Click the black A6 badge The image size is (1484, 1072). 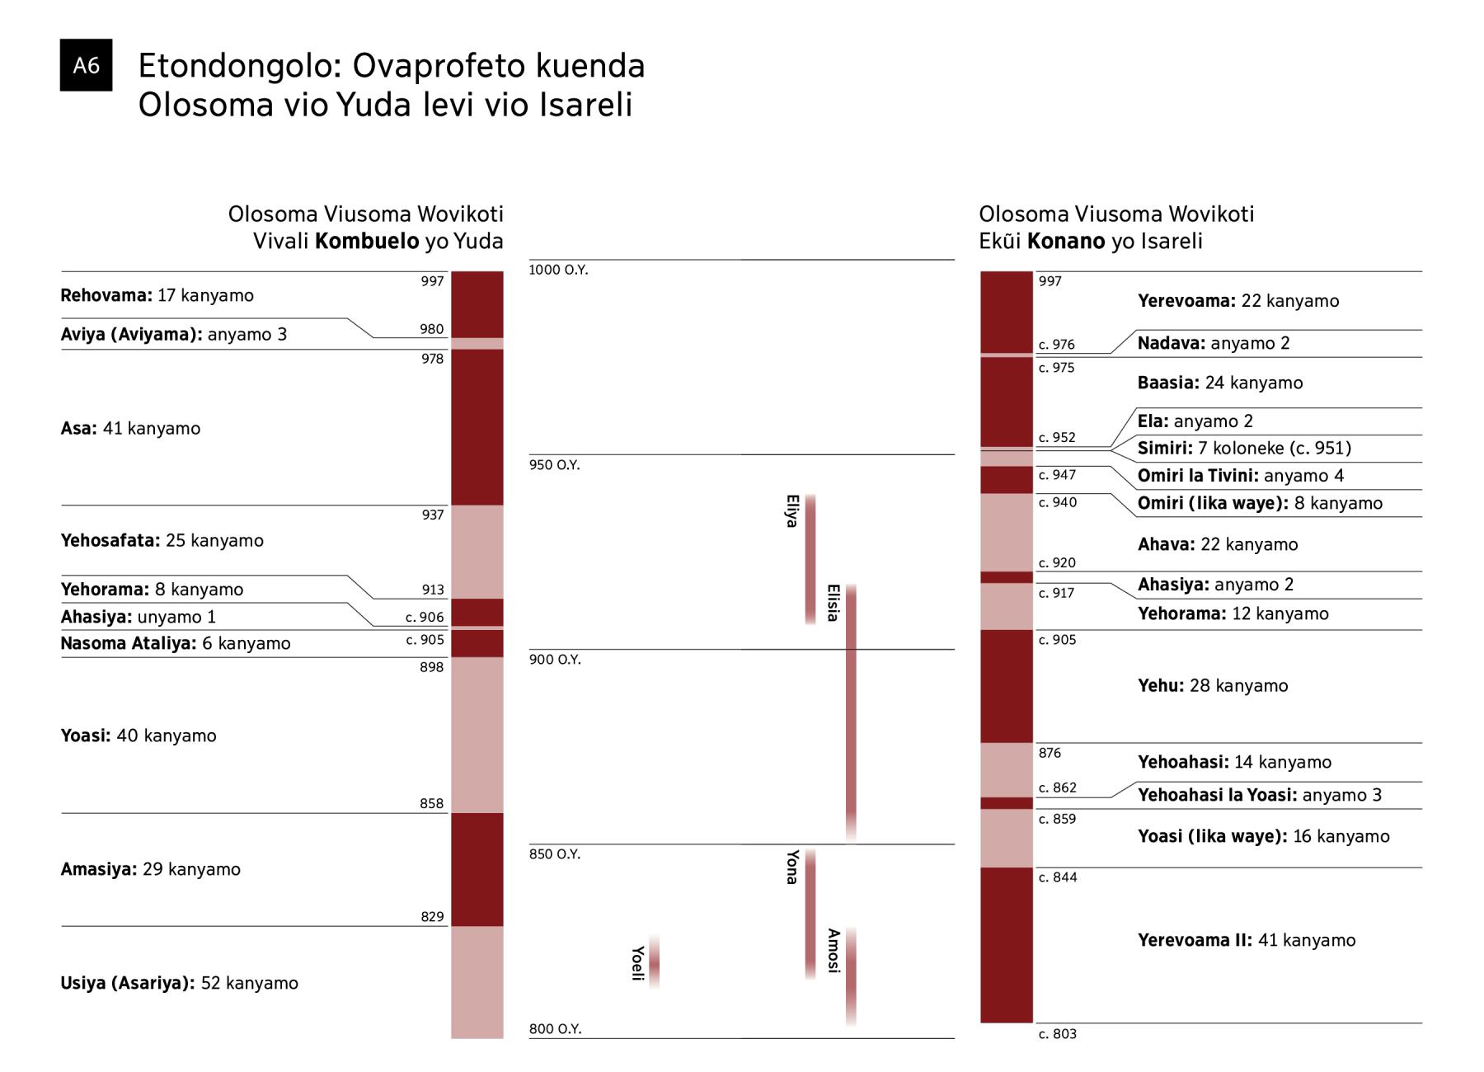pyautogui.click(x=86, y=65)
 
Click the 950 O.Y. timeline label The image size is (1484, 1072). pyautogui.click(x=554, y=465)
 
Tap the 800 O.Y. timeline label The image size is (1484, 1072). pyautogui.click(x=555, y=1029)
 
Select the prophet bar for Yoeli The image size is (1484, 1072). pyautogui.click(x=654, y=962)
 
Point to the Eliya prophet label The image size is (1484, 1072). pyautogui.click(x=791, y=511)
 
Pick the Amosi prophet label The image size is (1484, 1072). pyautogui.click(x=833, y=951)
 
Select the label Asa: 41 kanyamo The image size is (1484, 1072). pyautogui.click(x=130, y=429)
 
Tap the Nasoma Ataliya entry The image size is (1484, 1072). pyautogui.click(x=175, y=643)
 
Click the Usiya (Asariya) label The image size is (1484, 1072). pyautogui.click(x=128, y=983)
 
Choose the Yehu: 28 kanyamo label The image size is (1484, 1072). pyautogui.click(x=1212, y=686)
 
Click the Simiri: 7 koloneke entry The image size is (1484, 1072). pyautogui.click(x=1243, y=449)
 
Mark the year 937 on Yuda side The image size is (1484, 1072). pyautogui.click(x=432, y=515)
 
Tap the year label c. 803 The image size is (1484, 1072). pyautogui.click(x=1057, y=1034)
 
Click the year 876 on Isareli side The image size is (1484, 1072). pyautogui.click(x=1050, y=753)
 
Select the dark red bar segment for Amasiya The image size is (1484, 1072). pyautogui.click(x=477, y=869)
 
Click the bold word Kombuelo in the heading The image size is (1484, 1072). pyautogui.click(x=367, y=242)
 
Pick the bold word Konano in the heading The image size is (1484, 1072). pyautogui.click(x=1065, y=242)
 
